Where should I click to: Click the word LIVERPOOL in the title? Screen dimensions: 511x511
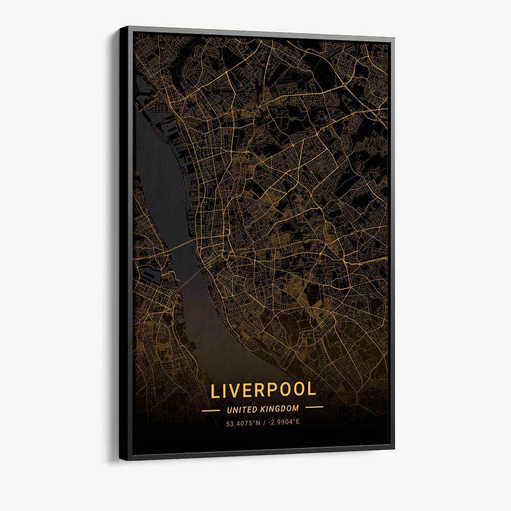click(x=263, y=390)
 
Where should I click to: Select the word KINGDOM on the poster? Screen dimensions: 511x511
click(x=280, y=409)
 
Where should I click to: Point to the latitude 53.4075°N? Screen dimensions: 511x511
click(x=244, y=423)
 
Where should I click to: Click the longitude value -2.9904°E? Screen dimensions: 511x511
click(x=282, y=423)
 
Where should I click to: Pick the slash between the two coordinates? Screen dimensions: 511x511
click(x=264, y=423)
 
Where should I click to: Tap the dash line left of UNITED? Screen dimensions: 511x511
click(x=211, y=410)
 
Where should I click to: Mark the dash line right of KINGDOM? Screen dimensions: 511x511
click(x=314, y=408)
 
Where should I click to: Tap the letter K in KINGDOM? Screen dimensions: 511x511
click(x=264, y=409)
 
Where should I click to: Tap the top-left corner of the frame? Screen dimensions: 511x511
click(x=122, y=28)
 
